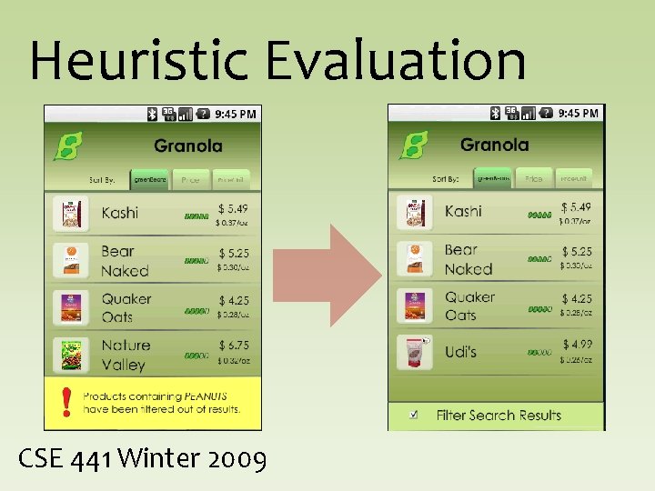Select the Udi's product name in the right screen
460,352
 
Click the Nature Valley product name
125,355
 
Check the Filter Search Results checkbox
414,415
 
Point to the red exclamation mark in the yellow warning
65,401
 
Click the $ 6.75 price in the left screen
233,346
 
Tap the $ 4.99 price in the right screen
577,344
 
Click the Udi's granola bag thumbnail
415,352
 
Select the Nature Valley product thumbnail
69,355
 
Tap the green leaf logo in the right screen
413,145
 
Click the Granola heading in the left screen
187,145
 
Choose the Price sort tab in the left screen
190,180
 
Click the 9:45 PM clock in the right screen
578,113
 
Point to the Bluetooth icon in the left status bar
152,114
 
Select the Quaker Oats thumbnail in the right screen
415,306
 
